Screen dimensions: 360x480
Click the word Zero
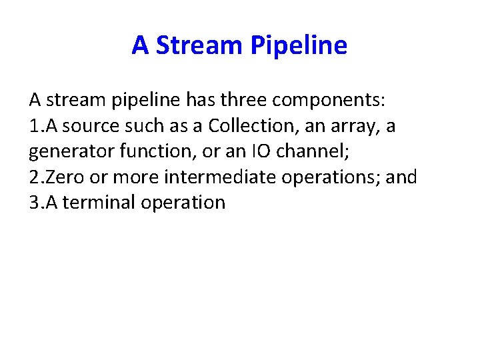[x=64, y=177]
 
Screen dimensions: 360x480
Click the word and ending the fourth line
[x=401, y=177]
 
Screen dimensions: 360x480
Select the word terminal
[x=99, y=202]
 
